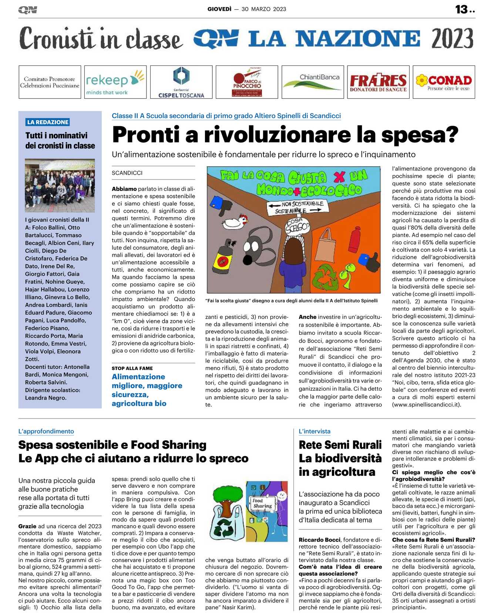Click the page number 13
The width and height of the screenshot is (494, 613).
(x=462, y=9)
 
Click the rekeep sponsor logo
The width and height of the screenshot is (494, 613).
(x=115, y=82)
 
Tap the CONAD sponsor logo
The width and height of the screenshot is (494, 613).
(x=444, y=82)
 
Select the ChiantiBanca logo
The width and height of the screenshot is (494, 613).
(x=313, y=82)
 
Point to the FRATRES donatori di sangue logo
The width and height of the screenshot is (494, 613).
(x=378, y=82)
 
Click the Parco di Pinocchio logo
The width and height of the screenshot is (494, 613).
(x=247, y=82)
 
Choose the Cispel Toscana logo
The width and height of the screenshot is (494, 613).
(x=181, y=82)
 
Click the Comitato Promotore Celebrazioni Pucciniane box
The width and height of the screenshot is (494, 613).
(x=50, y=82)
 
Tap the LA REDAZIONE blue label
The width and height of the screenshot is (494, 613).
(x=48, y=122)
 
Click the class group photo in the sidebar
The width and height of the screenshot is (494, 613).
(x=60, y=185)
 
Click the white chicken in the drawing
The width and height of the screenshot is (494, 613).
(x=235, y=222)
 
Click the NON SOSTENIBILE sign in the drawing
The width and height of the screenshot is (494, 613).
(x=302, y=204)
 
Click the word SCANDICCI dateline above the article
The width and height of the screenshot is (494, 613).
(x=127, y=173)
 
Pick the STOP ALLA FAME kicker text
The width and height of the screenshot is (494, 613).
(x=132, y=368)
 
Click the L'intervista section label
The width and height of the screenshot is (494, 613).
(x=315, y=431)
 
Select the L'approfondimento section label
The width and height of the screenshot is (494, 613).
(x=46, y=431)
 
